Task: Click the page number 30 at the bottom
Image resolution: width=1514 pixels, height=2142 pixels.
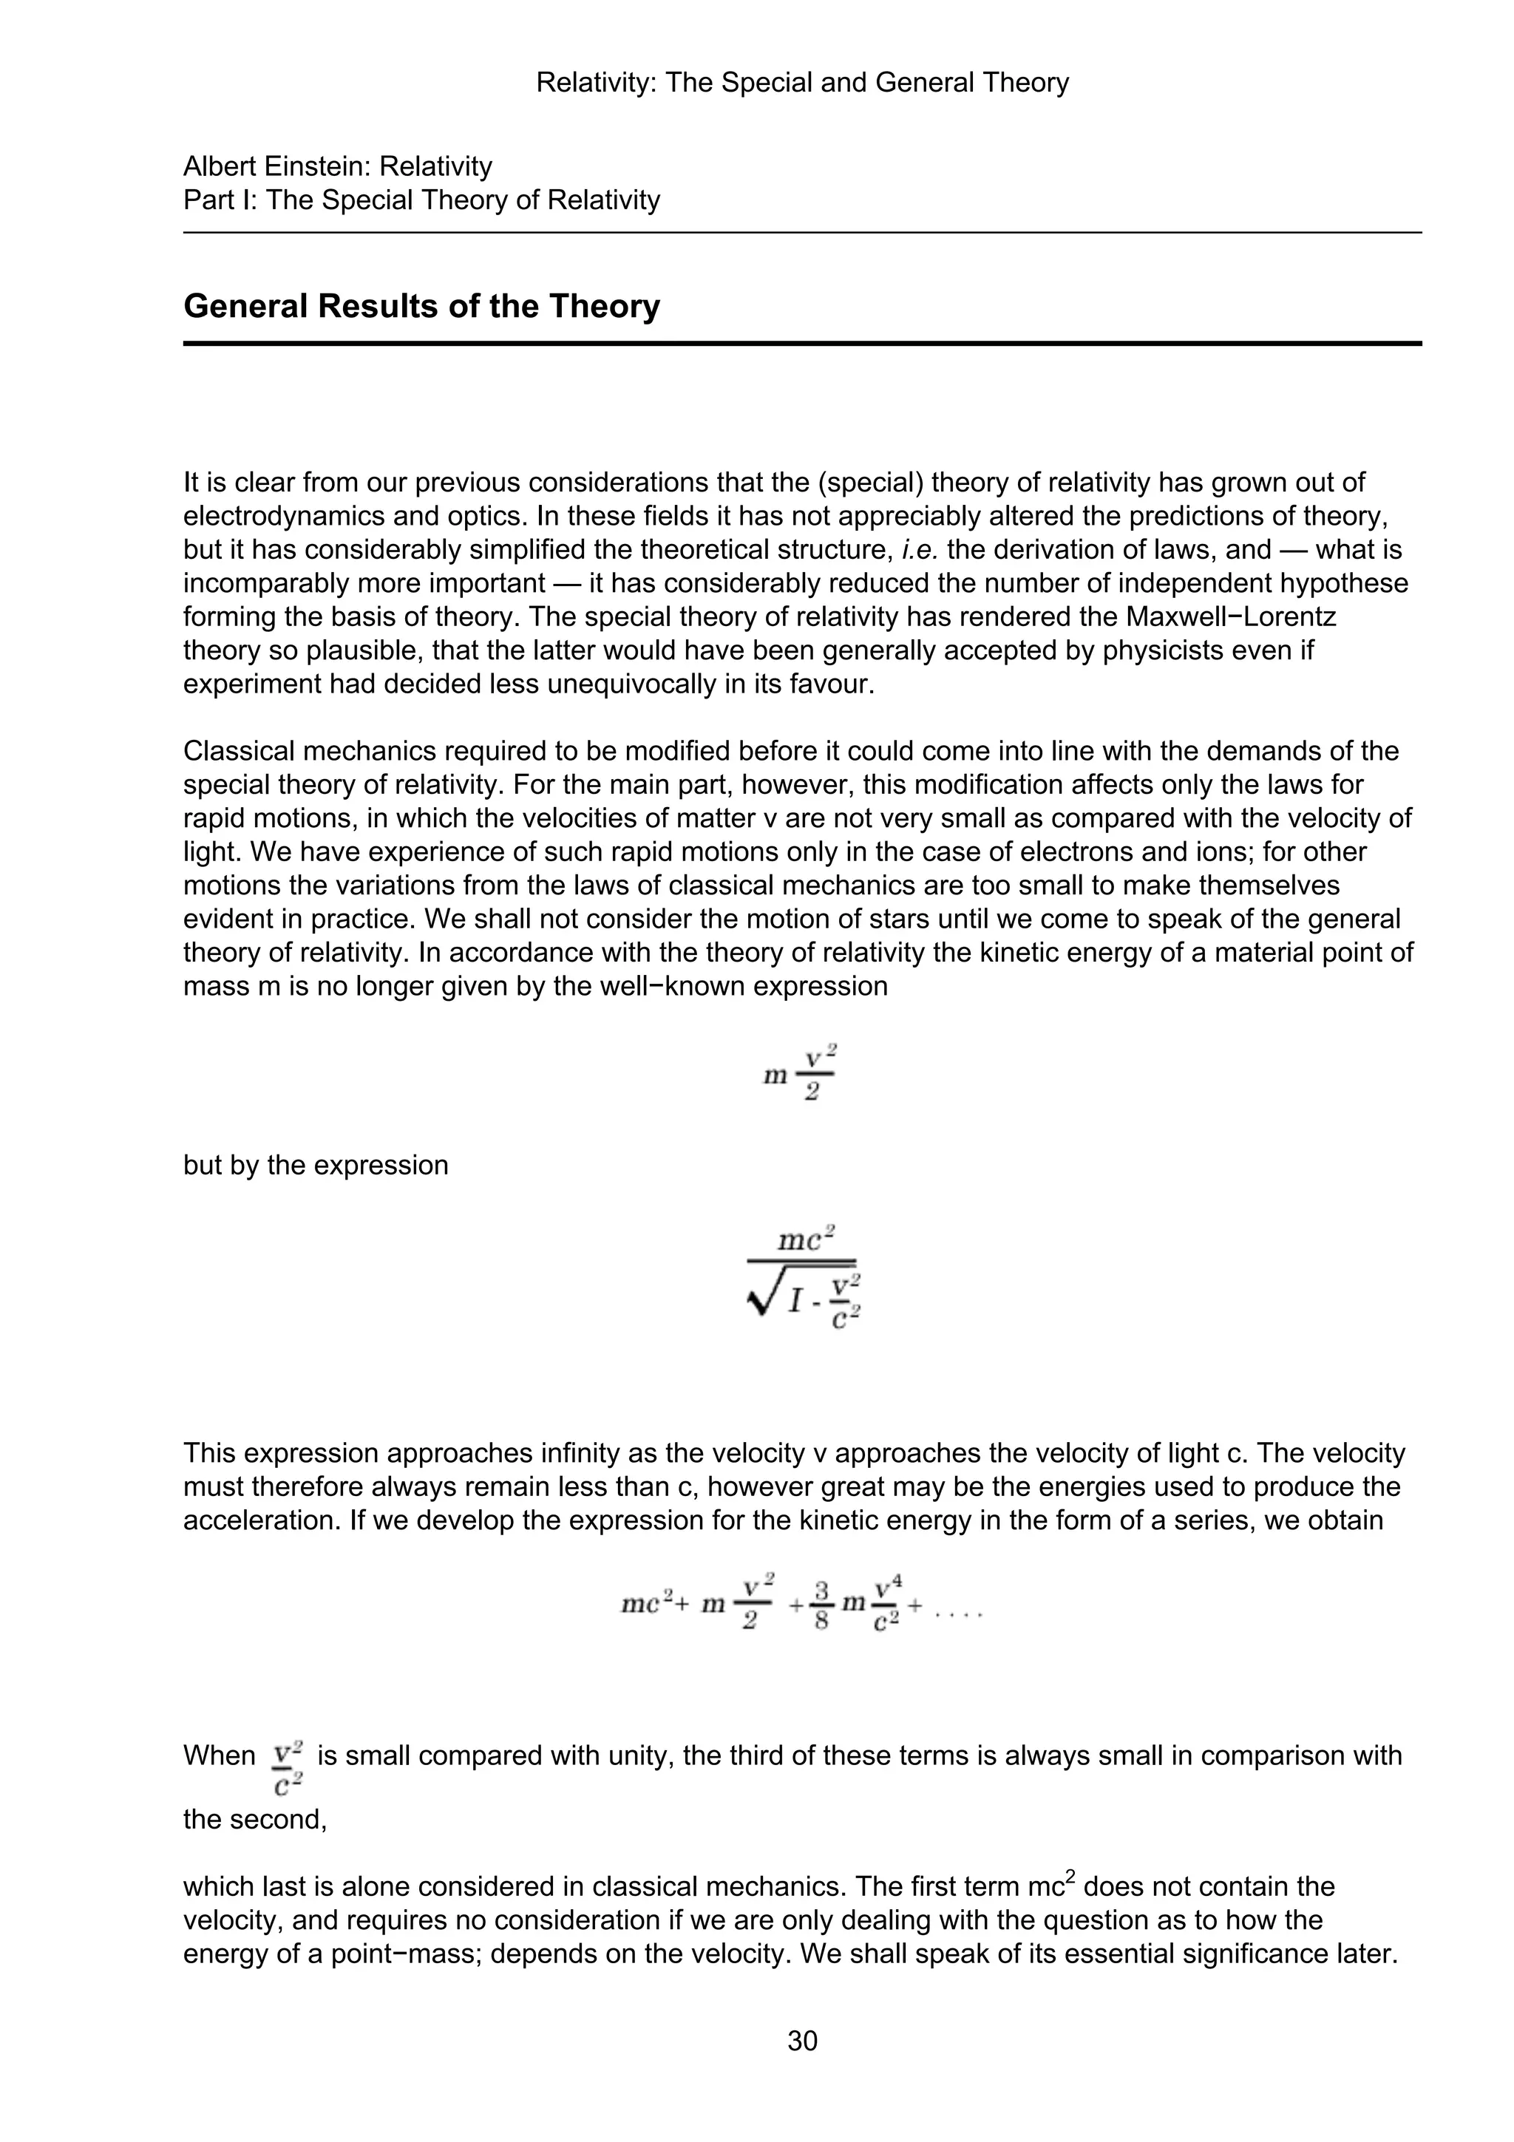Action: (x=802, y=2041)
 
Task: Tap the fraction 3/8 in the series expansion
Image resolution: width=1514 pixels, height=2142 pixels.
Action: (x=821, y=1605)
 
